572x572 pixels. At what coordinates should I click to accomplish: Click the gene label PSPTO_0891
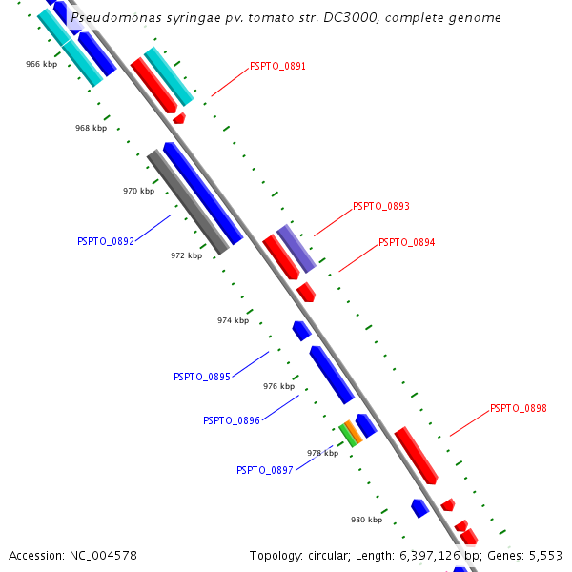pyautogui.click(x=277, y=66)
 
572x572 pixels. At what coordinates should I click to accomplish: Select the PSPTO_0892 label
pyautogui.click(x=105, y=241)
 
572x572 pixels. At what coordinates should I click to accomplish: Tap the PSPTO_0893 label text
pyautogui.click(x=380, y=206)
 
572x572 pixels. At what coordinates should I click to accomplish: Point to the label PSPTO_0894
pyautogui.click(x=406, y=242)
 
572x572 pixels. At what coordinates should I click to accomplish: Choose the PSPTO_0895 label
pyautogui.click(x=201, y=377)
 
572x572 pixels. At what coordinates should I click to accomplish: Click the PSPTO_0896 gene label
pyautogui.click(x=231, y=420)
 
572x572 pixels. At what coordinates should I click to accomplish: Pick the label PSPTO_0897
pyautogui.click(x=264, y=470)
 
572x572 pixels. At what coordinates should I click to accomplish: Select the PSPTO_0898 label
pyautogui.click(x=518, y=408)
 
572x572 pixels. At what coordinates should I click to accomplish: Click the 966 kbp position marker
pyautogui.click(x=41, y=64)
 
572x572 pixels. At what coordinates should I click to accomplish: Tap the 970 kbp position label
pyautogui.click(x=138, y=191)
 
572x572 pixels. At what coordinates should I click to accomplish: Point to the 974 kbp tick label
pyautogui.click(x=233, y=320)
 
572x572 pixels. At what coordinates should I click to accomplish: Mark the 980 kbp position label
pyautogui.click(x=366, y=520)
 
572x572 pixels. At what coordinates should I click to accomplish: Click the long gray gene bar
pyautogui.click(x=188, y=202)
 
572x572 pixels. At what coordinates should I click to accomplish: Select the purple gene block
pyautogui.click(x=296, y=248)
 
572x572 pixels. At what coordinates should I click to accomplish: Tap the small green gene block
pyautogui.click(x=348, y=436)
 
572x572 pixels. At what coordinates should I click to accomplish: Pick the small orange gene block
pyautogui.click(x=355, y=431)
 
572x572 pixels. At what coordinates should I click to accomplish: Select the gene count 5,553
pyautogui.click(x=546, y=555)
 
